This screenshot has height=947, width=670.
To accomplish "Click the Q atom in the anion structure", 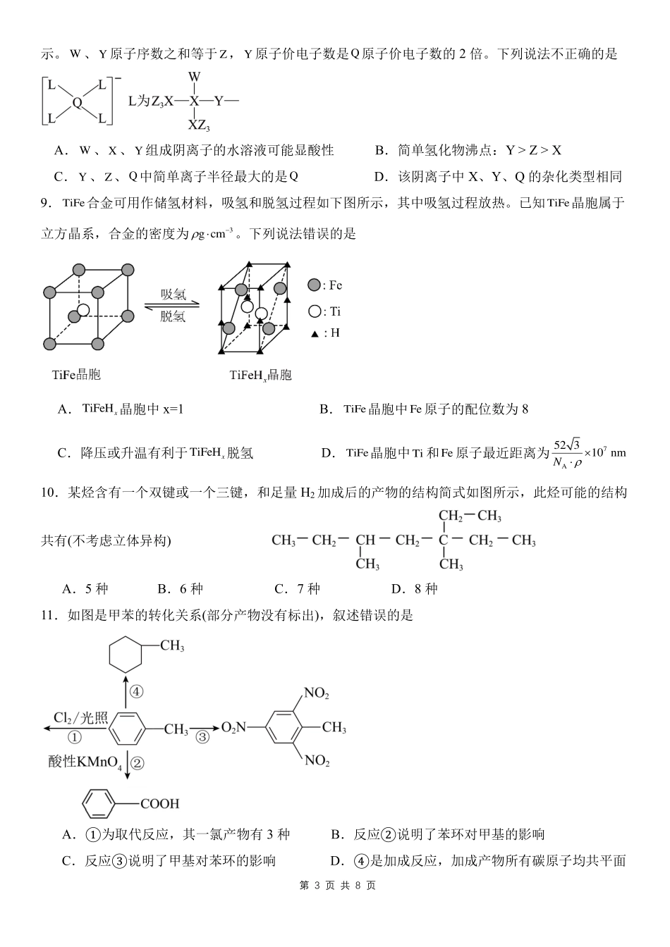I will (77, 102).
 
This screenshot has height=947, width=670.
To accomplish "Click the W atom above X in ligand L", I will (195, 76).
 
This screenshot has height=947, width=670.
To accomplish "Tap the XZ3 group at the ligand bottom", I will (198, 126).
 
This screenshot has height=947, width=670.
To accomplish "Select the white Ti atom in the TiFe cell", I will (83, 310).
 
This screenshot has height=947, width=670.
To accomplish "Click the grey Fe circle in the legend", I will (314, 285).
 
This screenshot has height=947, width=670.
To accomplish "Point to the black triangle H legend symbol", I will (315, 334).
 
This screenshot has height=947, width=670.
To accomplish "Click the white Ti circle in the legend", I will (314, 311).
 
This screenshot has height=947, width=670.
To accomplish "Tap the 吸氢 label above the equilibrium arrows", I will (173, 294).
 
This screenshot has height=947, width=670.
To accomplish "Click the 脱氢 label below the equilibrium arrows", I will (173, 316).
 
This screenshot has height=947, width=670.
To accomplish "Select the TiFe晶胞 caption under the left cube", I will (76, 375).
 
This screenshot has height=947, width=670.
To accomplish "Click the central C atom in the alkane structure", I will (444, 540).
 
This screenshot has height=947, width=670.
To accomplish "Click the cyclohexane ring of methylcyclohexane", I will (126, 657).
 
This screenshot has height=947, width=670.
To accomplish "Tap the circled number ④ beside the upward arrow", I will (137, 691).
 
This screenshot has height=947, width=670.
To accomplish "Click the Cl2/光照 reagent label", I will (80, 718).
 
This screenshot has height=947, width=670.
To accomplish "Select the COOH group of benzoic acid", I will (160, 803).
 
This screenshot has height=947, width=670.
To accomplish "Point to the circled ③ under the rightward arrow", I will (202, 737).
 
